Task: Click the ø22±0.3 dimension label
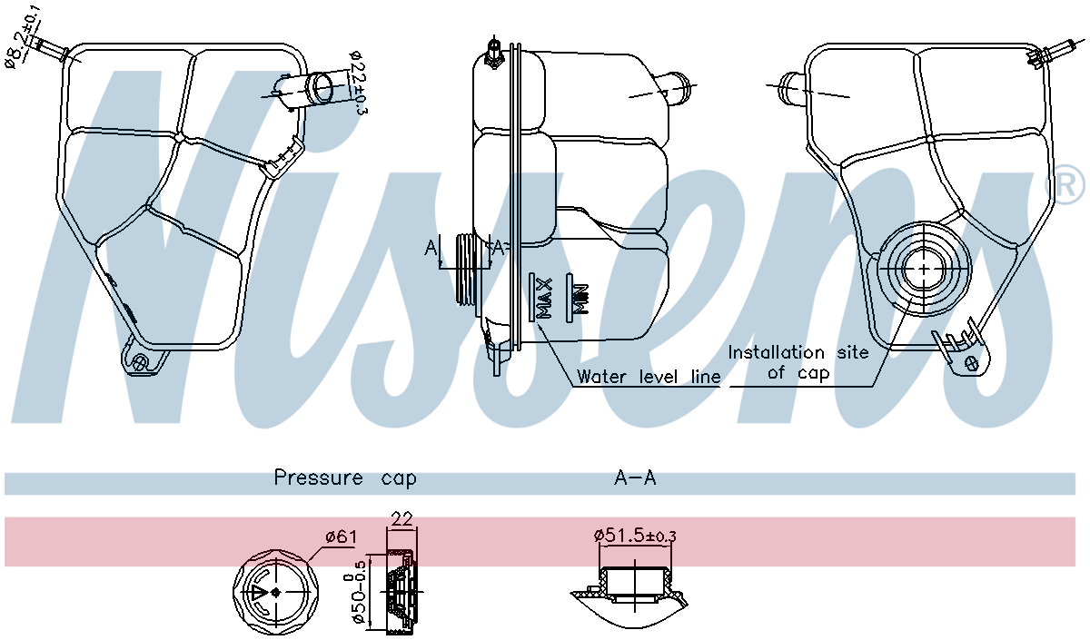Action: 357,83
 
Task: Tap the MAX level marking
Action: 543,298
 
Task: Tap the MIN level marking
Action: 578,296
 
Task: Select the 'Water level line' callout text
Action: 649,376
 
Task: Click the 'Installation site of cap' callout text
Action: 798,362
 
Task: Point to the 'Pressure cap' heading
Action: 345,478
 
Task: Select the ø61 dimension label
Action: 340,537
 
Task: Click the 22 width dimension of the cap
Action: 401,519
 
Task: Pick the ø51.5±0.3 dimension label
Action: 635,536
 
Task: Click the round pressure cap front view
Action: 276,592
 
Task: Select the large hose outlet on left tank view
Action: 320,88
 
